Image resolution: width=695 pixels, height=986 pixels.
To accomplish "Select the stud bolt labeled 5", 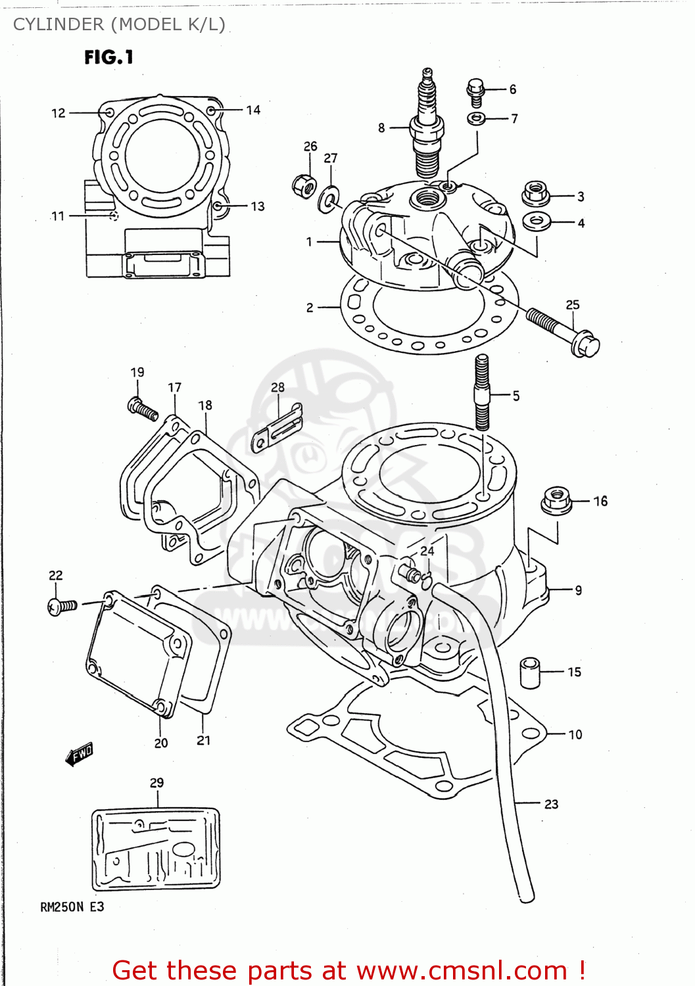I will (x=482, y=392).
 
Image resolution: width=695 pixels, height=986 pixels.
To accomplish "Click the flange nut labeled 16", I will (x=556, y=502).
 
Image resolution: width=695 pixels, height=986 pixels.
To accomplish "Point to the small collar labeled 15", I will (x=530, y=672).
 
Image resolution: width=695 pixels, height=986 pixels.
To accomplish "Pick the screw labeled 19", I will (x=143, y=409).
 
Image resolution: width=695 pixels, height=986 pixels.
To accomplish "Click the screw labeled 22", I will (x=62, y=605).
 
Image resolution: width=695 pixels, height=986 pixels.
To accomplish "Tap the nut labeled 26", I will (x=304, y=185).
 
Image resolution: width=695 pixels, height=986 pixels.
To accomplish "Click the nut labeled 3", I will (x=536, y=193).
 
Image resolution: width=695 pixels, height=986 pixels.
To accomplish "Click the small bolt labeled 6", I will (x=476, y=91).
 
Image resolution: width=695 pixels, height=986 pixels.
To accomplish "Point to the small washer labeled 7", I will (x=477, y=118).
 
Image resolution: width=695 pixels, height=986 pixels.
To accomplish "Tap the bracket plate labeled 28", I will (x=278, y=427).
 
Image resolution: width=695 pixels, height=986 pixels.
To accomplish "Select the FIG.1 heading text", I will (x=108, y=58).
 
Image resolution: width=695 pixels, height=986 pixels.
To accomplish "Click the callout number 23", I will (x=551, y=804).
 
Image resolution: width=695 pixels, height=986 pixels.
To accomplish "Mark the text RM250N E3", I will (x=72, y=907).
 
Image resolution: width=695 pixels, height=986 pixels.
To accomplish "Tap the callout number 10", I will (x=575, y=734).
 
